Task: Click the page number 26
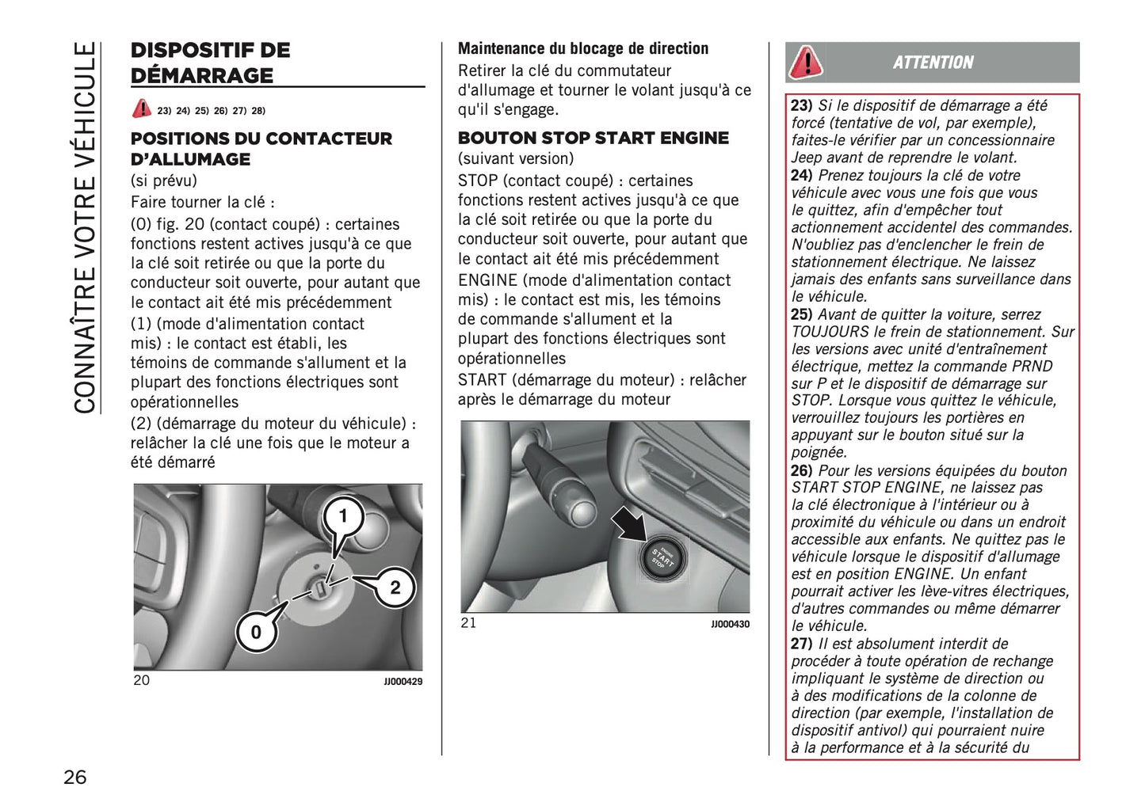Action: click(75, 777)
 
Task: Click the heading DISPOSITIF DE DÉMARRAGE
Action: click(211, 63)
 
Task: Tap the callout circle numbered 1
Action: click(343, 517)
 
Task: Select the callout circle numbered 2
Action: click(395, 587)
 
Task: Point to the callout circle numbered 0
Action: click(256, 632)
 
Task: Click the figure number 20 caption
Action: click(141, 680)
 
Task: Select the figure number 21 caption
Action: click(468, 623)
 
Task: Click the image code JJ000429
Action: click(403, 682)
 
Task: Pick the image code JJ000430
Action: click(730, 625)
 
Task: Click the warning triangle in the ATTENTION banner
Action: click(806, 63)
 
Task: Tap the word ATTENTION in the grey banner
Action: click(933, 63)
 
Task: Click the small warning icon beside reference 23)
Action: click(142, 109)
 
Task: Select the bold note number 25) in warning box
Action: click(801, 314)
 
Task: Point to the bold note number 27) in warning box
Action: click(801, 644)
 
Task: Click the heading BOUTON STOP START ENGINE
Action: click(593, 138)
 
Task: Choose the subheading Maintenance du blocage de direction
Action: click(583, 48)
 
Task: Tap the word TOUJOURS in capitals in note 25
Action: click(830, 332)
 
